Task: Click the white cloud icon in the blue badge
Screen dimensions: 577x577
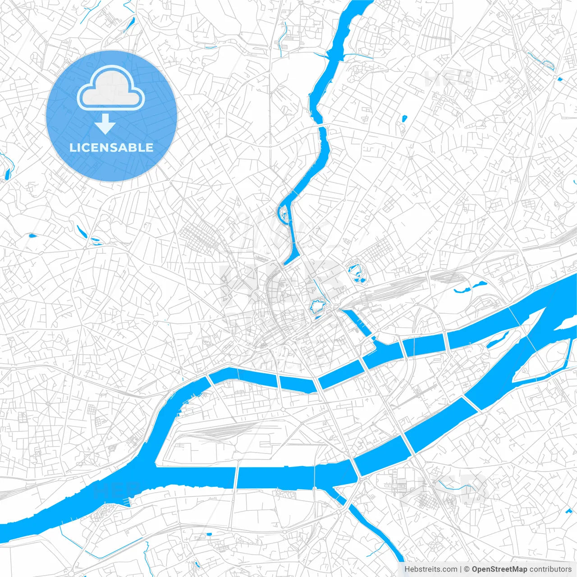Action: (x=111, y=88)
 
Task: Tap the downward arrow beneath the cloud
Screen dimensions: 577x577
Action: (x=105, y=124)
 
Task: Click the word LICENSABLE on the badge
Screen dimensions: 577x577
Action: (x=111, y=147)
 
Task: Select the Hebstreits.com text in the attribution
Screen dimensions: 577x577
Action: (x=430, y=569)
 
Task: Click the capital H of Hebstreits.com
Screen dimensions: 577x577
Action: (x=407, y=569)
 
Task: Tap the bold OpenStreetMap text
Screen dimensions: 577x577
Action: (x=499, y=569)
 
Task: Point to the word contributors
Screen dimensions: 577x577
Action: (x=550, y=569)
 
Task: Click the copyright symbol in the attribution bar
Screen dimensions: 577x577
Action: (x=467, y=569)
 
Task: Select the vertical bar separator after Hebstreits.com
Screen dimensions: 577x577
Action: (x=461, y=569)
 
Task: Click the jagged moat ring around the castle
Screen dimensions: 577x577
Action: (x=318, y=307)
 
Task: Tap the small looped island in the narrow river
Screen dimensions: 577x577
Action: (x=284, y=213)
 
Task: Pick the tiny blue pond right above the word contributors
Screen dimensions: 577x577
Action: (x=567, y=512)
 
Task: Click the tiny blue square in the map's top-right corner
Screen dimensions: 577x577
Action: (x=560, y=79)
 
